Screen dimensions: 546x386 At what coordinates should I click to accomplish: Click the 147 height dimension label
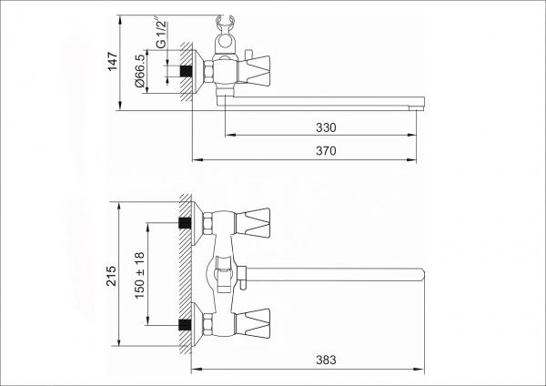[x=113, y=62]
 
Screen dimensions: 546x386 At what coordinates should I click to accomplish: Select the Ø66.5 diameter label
[x=139, y=70]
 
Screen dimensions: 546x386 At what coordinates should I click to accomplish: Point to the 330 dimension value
[x=326, y=127]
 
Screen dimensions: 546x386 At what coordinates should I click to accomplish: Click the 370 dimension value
[x=326, y=151]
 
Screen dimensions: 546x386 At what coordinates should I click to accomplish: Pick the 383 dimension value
[x=326, y=360]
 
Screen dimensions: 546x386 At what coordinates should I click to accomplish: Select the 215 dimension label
[x=111, y=276]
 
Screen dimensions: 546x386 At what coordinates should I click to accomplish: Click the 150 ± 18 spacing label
[x=139, y=275]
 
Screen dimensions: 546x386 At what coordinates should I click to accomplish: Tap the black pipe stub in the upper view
[x=186, y=71]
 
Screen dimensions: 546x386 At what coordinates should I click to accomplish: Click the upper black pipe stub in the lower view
[x=185, y=223]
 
